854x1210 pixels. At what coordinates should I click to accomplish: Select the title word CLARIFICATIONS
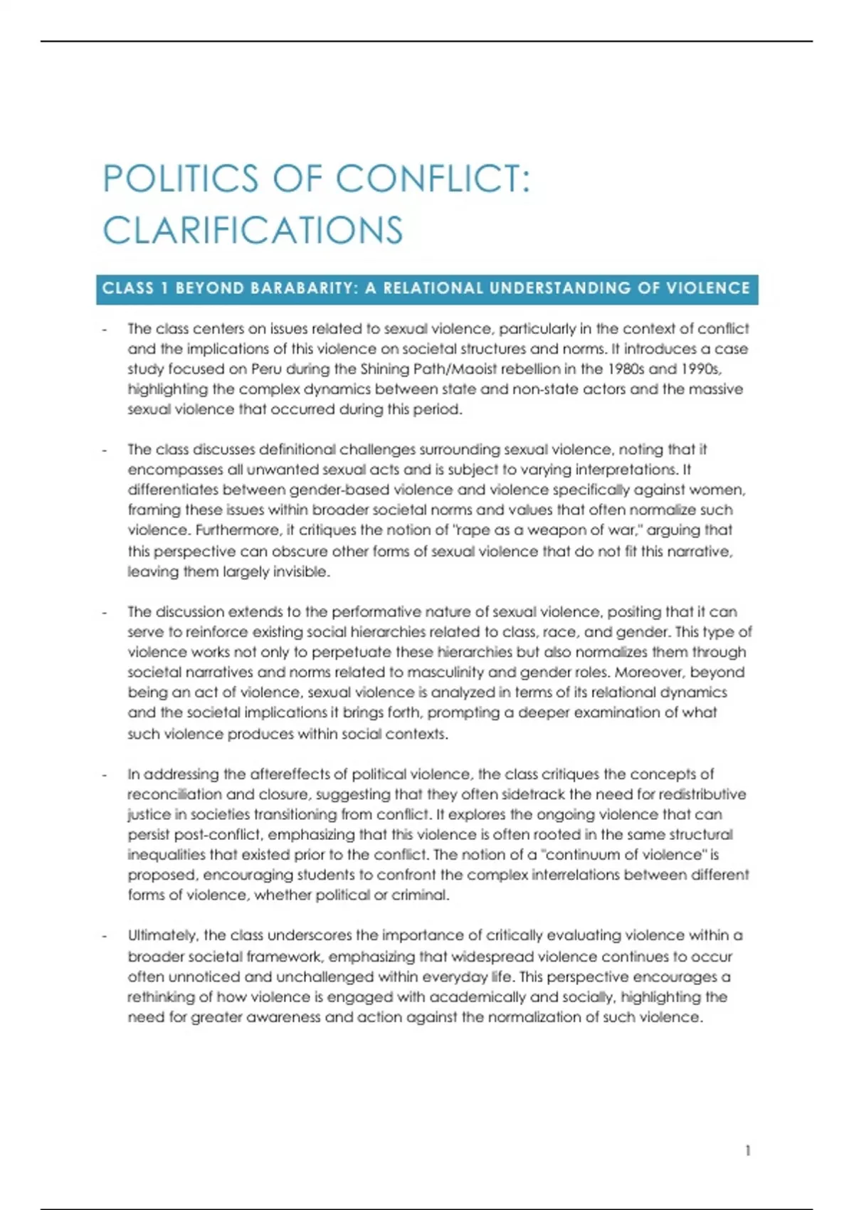253,231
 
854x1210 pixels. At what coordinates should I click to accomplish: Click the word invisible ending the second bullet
300,572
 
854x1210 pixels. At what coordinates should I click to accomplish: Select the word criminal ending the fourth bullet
423,895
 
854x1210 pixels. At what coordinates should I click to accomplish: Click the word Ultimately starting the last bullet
163,935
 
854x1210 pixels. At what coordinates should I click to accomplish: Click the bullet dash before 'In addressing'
105,774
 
